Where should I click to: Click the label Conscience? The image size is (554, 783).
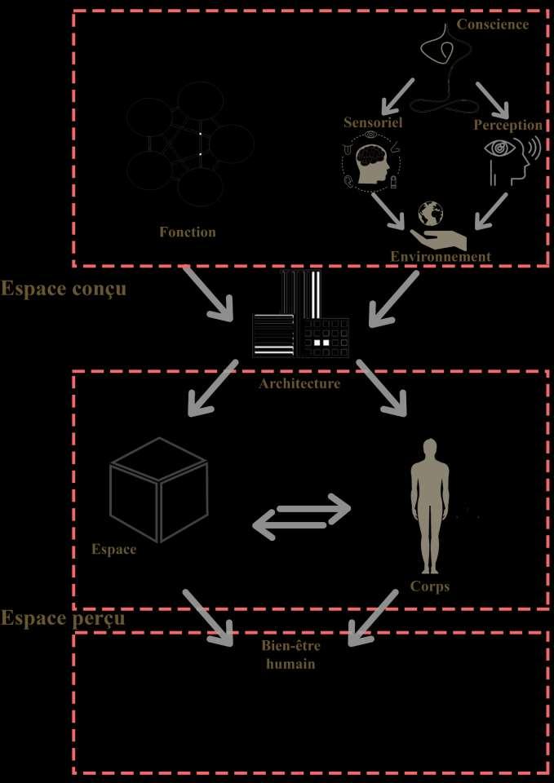(492, 24)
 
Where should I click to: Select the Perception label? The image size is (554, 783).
(508, 126)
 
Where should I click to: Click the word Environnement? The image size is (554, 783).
(441, 256)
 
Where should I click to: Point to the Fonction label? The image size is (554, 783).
(188, 232)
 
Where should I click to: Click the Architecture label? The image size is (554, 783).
(299, 383)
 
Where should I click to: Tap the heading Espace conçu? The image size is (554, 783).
(64, 289)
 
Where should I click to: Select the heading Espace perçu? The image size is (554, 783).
(63, 617)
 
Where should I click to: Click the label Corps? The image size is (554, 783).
(430, 586)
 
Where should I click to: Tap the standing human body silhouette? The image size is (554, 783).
(430, 506)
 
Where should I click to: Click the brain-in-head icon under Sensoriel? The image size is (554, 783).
(371, 163)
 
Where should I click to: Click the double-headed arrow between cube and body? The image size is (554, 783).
(301, 516)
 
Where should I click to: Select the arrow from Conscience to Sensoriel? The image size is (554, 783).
(402, 95)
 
